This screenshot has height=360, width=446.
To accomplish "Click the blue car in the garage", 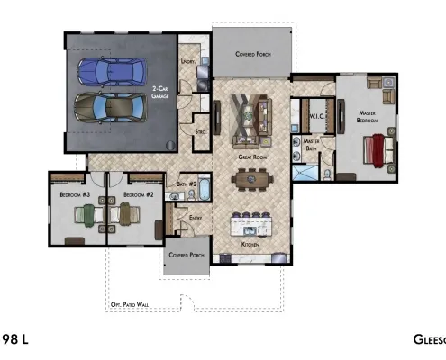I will [x=112, y=71].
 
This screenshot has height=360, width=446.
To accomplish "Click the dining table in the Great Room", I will [x=251, y=179].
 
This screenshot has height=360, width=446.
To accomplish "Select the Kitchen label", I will [x=251, y=244].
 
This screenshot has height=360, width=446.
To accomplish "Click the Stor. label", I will [x=202, y=132].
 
